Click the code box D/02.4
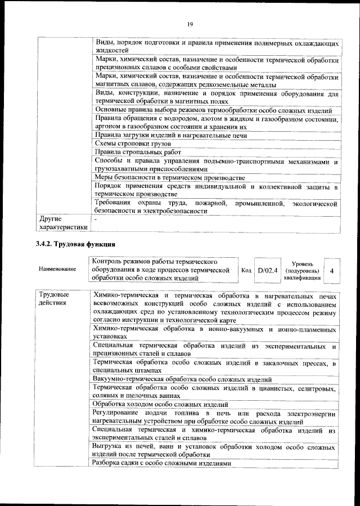pyautogui.click(x=267, y=270)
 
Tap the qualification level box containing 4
pyautogui.click(x=332, y=271)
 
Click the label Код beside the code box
pyautogui.click(x=246, y=270)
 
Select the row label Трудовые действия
pyautogui.click(x=54, y=299)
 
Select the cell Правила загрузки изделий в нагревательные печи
pyautogui.click(x=171, y=135)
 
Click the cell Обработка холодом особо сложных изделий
pyautogui.click(x=160, y=405)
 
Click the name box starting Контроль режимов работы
pyautogui.click(x=162, y=270)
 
